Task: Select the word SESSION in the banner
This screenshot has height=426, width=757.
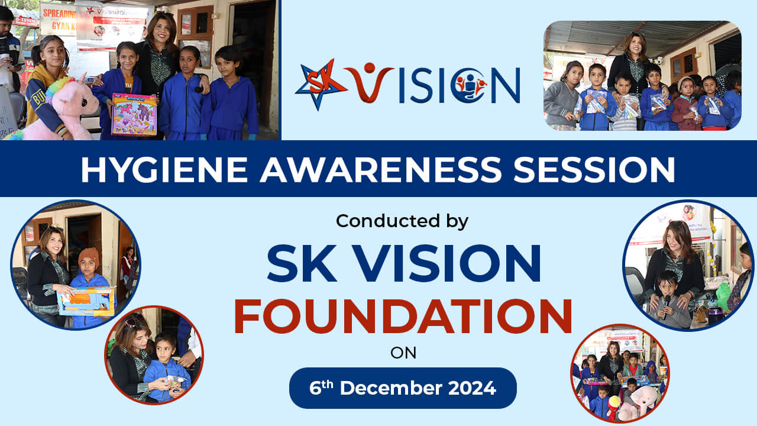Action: click(594, 169)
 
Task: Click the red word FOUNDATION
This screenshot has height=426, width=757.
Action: click(403, 316)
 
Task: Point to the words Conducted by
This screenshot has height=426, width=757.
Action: click(402, 221)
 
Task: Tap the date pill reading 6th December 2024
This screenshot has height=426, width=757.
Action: click(403, 388)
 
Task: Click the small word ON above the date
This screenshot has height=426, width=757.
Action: click(403, 353)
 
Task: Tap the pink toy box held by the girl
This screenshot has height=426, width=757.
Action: click(134, 114)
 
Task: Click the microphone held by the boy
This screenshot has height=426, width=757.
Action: click(667, 300)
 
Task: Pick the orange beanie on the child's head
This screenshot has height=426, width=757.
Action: click(89, 257)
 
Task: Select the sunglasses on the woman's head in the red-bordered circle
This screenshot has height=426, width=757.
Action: click(132, 322)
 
